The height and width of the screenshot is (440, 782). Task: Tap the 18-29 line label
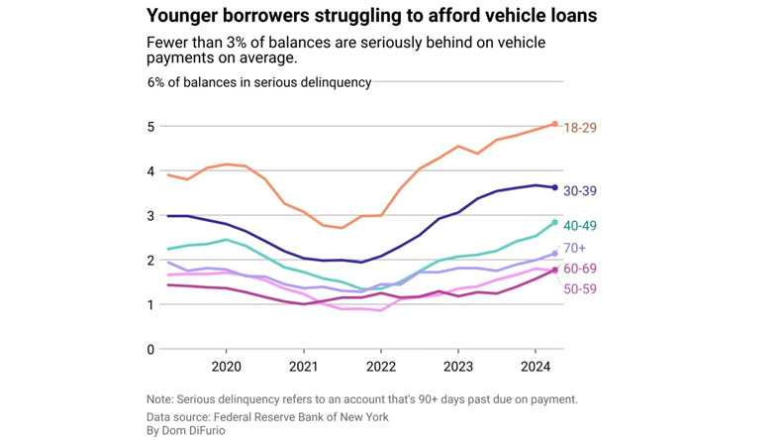[582, 128]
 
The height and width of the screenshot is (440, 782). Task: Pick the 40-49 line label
[582, 226]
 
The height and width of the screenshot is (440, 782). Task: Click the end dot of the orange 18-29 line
[554, 124]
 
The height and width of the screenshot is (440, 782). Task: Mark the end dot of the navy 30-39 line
[554, 187]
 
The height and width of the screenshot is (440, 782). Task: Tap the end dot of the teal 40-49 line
[554, 222]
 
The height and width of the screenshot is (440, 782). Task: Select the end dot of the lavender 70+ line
[554, 254]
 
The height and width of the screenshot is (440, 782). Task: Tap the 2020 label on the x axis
[227, 365]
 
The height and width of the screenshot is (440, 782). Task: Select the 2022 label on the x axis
[381, 365]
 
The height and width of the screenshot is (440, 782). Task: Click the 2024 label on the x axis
[536, 365]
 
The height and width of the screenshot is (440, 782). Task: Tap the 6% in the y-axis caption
[158, 82]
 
